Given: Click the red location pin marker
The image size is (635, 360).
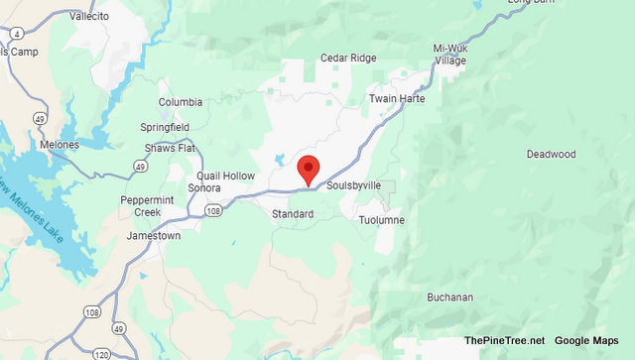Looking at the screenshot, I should (309, 169).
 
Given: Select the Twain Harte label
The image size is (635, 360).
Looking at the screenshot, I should (396, 99).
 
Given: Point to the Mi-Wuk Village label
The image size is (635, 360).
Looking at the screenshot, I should (449, 54).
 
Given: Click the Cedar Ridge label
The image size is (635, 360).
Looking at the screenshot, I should (347, 59).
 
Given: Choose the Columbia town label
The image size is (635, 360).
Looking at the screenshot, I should (181, 102).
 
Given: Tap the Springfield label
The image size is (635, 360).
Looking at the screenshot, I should (165, 129).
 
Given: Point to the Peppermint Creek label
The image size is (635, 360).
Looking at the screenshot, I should (147, 206).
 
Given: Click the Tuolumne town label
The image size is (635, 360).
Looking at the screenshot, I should (381, 219).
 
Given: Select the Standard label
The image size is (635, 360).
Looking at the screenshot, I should (293, 213).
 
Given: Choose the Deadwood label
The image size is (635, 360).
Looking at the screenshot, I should (551, 155).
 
